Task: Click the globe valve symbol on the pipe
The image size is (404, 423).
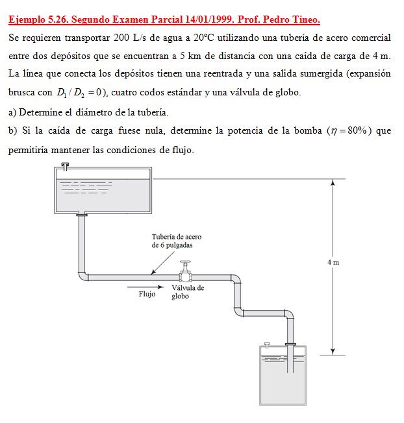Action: point(186,272)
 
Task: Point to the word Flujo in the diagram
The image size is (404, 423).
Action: point(147,294)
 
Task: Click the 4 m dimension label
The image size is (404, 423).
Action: point(333,262)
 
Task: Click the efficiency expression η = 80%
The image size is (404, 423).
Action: point(349,130)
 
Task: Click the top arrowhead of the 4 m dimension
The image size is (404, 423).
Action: point(333,184)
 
